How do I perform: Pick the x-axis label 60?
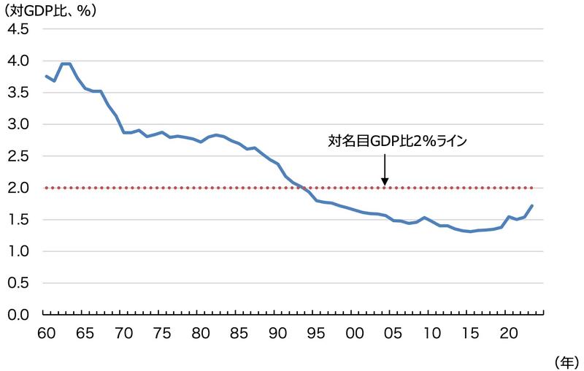(x=45, y=332)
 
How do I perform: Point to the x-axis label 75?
(x=162, y=332)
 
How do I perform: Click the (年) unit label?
(x=565, y=361)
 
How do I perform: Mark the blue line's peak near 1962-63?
(x=65, y=64)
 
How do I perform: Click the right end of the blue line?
(x=532, y=206)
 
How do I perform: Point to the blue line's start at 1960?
(x=46, y=76)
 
